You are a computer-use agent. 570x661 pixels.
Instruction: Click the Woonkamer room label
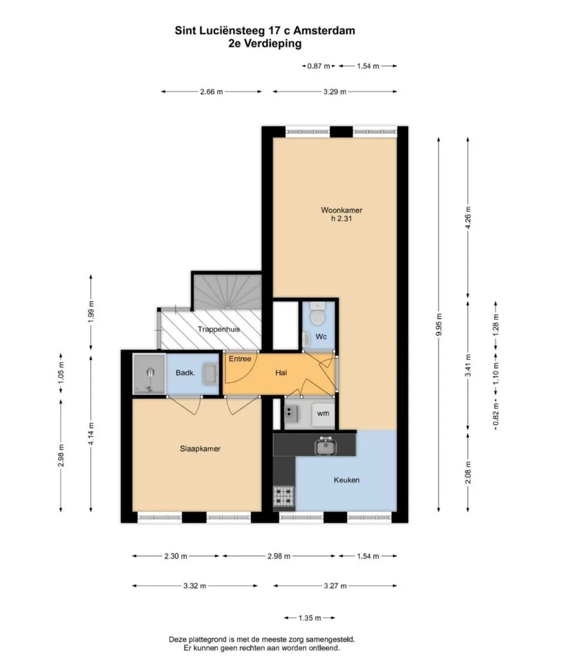[x=341, y=210]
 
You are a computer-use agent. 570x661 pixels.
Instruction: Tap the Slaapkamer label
[x=200, y=449]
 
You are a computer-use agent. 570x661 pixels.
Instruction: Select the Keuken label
[x=346, y=480]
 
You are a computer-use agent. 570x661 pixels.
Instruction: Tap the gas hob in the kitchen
[x=283, y=496]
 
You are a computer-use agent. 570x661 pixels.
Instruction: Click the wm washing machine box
[x=323, y=414]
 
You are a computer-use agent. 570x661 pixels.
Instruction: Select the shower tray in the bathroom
[x=149, y=373]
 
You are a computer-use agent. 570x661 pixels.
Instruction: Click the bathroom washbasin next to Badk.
[x=211, y=373]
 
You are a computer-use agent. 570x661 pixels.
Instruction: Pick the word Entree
[x=240, y=359]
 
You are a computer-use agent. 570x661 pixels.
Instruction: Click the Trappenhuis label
[x=219, y=329]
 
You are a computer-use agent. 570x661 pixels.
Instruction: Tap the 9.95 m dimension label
[x=439, y=324]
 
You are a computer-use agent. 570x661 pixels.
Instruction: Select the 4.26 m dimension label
[x=468, y=218]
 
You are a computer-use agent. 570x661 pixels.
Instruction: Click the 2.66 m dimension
[x=211, y=92]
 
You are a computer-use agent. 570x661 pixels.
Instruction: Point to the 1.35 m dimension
[x=310, y=618]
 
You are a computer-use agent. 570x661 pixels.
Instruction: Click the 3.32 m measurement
[x=195, y=586]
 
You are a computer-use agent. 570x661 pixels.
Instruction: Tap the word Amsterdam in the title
[x=324, y=31]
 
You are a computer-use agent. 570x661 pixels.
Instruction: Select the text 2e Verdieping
[x=265, y=44]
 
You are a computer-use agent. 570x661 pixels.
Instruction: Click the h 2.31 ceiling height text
[x=341, y=219]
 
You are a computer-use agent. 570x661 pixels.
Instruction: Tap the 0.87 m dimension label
[x=318, y=66]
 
